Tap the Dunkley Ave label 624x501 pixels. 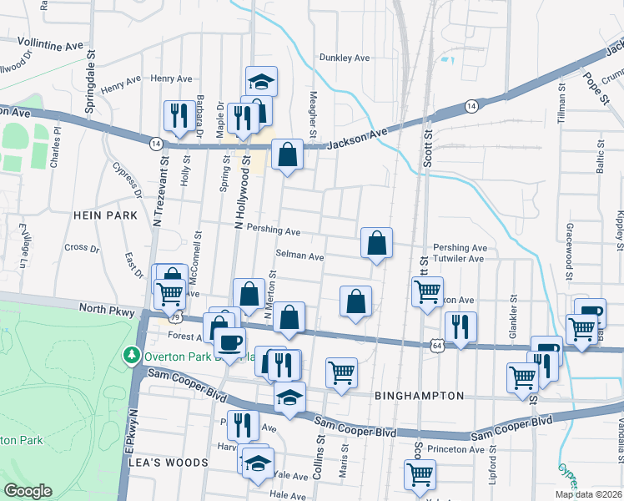tap(344, 58)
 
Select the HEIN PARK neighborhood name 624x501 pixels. tap(104, 215)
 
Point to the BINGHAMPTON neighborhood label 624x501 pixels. tap(419, 395)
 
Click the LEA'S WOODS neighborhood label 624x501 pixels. tap(174, 463)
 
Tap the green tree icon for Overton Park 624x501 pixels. tap(131, 356)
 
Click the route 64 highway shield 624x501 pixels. tap(437, 343)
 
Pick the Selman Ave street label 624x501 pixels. tap(299, 256)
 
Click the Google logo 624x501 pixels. tap(28, 491)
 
